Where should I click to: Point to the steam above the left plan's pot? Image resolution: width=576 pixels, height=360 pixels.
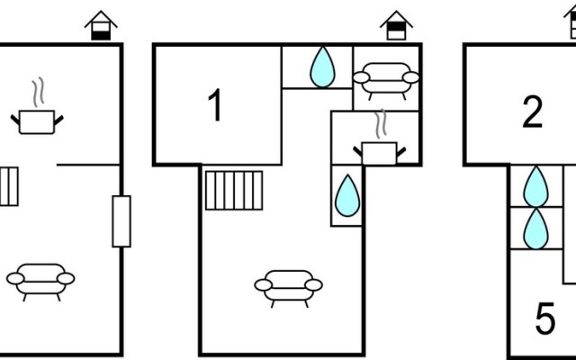tap(37, 92)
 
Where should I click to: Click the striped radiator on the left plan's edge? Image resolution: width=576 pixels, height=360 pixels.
tap(7, 186)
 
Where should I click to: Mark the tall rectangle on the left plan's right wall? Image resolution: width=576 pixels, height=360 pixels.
tap(121, 220)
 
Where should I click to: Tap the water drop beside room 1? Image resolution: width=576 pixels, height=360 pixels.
tap(322, 67)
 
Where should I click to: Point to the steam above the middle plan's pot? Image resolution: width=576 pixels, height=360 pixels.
tap(382, 123)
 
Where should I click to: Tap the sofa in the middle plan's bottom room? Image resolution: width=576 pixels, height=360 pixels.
tap(288, 287)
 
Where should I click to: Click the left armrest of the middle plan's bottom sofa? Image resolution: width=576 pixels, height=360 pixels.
tap(263, 287)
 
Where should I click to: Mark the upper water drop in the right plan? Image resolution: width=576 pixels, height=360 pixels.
tap(536, 185)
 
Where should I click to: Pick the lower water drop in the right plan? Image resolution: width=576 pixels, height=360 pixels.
tap(536, 228)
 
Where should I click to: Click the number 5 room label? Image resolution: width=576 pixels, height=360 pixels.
tap(545, 319)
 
